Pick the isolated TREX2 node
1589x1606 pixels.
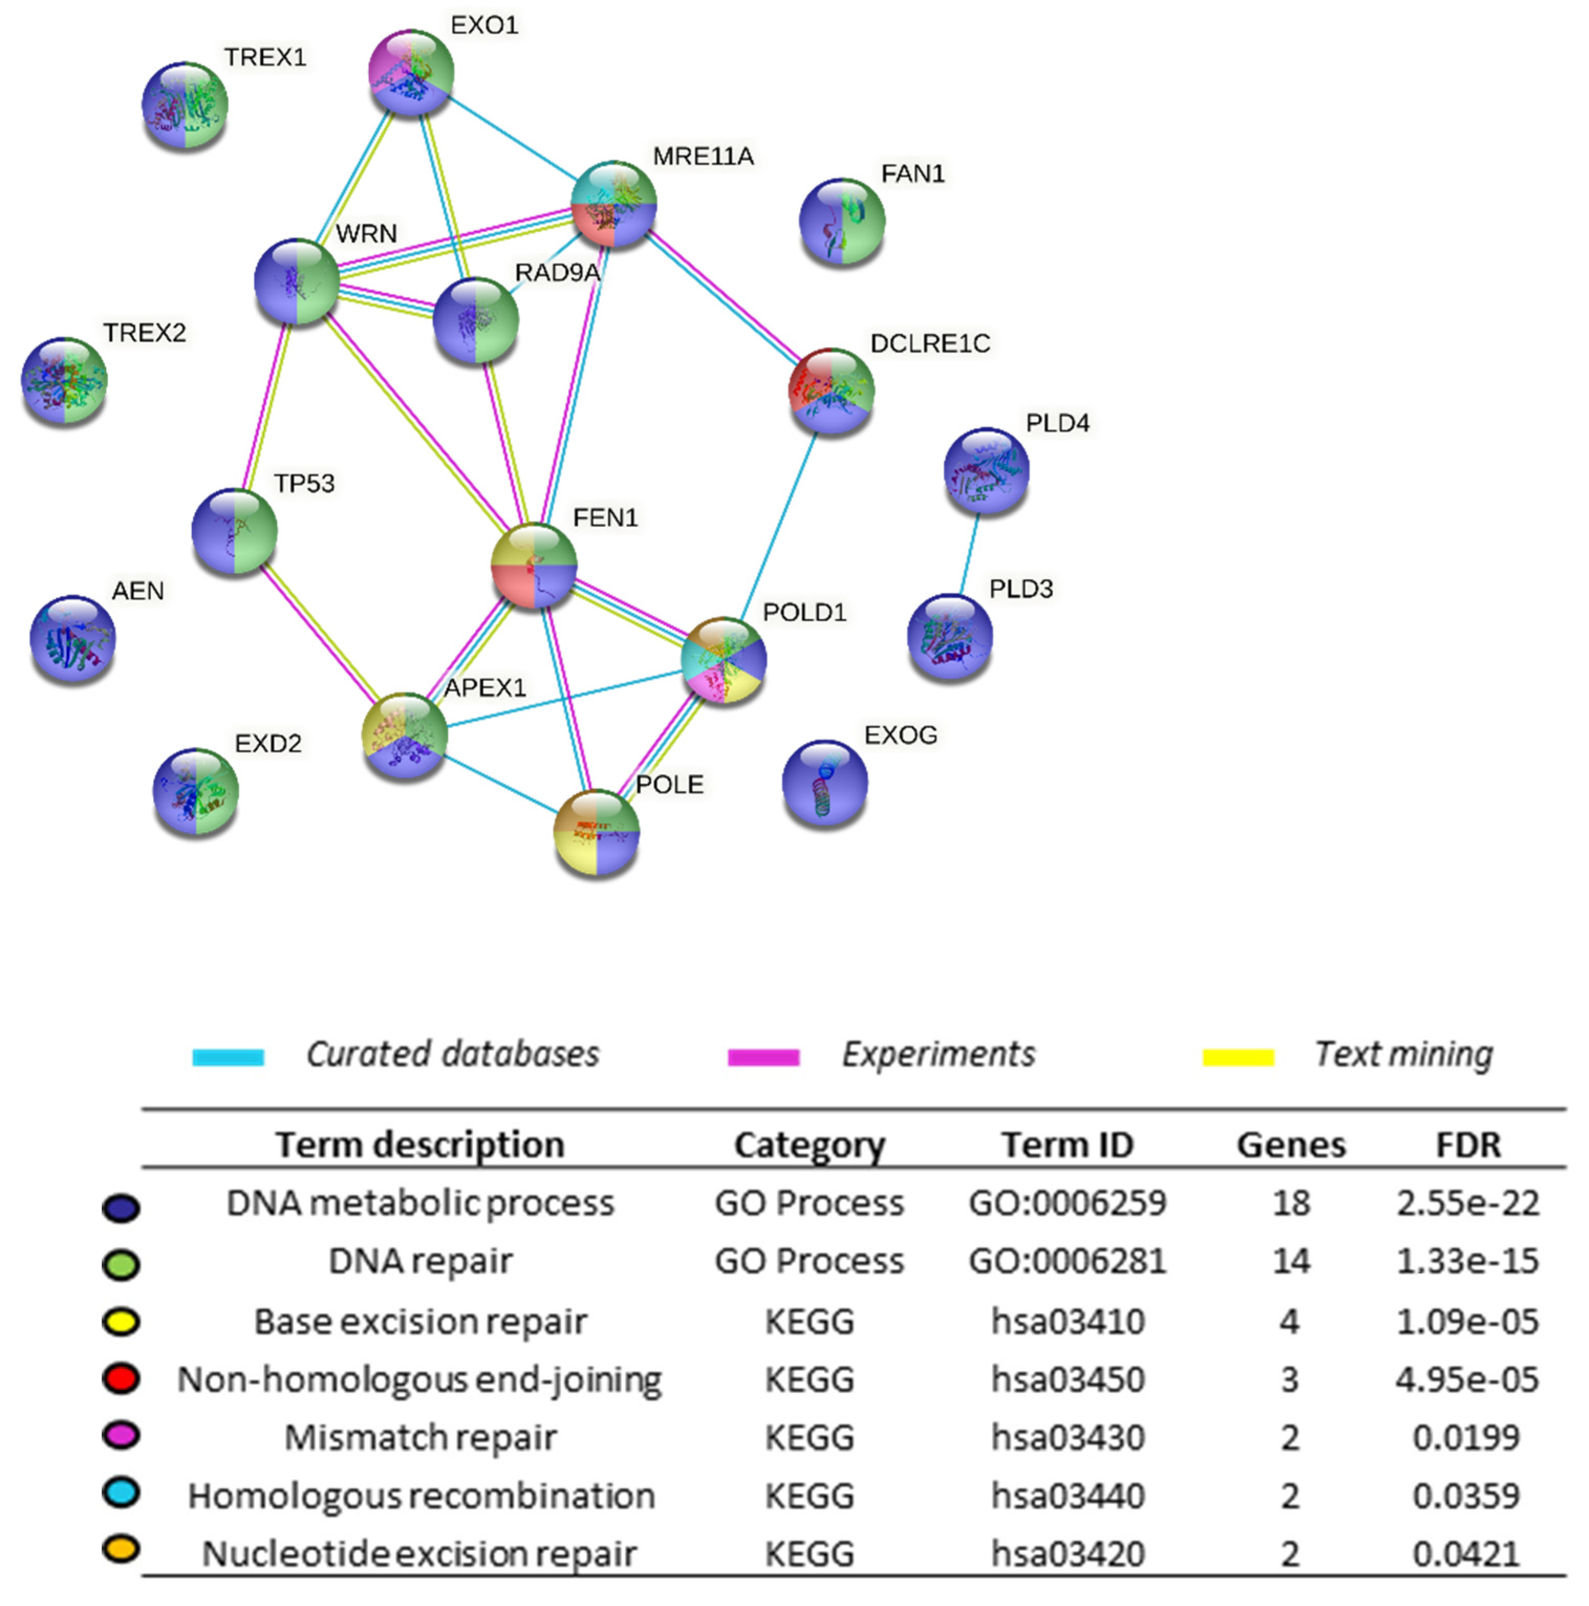coord(64,381)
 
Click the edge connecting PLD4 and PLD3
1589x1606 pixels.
coord(969,554)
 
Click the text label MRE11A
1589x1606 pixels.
coord(702,156)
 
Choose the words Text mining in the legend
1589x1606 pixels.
coord(1403,1054)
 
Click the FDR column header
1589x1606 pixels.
coord(1468,1145)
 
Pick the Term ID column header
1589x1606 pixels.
coord(1067,1145)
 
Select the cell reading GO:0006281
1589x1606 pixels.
coord(1067,1261)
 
